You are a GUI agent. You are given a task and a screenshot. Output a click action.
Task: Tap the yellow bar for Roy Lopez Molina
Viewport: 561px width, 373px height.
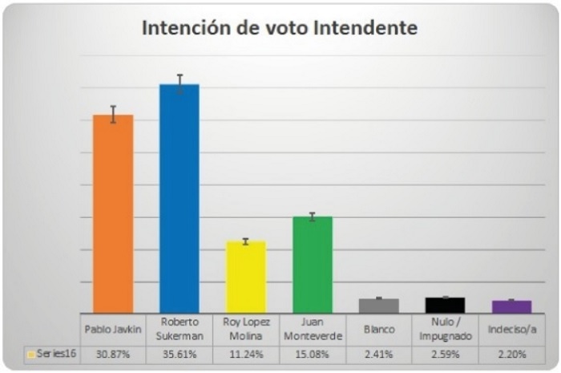coord(245,277)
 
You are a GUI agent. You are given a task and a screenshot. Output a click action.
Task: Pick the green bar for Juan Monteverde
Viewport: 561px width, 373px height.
coord(312,265)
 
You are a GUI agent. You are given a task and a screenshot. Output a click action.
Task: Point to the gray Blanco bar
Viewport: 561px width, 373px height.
coord(379,306)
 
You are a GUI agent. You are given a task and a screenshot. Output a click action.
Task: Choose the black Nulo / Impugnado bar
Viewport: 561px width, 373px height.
coord(445,305)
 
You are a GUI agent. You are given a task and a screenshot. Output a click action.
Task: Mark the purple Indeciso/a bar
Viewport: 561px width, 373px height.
coord(511,306)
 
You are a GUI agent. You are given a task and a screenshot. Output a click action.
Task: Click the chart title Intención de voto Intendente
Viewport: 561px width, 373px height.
coord(280,28)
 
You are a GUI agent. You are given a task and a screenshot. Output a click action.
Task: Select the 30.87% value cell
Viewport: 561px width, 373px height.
coord(113,355)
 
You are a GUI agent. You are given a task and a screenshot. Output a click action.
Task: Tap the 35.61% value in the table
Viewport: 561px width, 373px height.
coord(180,355)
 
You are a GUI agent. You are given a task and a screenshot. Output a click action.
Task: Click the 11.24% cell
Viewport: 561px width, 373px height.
coord(245,355)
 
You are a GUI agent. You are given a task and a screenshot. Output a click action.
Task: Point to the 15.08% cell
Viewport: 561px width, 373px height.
coord(312,355)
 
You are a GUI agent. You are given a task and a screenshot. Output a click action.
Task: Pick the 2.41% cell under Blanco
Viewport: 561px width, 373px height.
coord(379,355)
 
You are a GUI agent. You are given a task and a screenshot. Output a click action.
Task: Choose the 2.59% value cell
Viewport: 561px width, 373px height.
coord(445,355)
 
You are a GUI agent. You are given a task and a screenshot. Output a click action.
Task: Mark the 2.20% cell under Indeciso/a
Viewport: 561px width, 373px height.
coord(511,355)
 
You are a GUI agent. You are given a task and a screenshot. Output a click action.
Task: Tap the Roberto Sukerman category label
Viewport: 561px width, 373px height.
coord(180,330)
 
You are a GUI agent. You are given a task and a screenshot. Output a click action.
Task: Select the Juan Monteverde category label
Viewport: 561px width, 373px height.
coord(312,330)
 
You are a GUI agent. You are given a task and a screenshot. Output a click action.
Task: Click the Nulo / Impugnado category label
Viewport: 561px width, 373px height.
coord(445,330)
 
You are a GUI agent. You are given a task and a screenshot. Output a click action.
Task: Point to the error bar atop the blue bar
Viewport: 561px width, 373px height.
coord(180,83)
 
